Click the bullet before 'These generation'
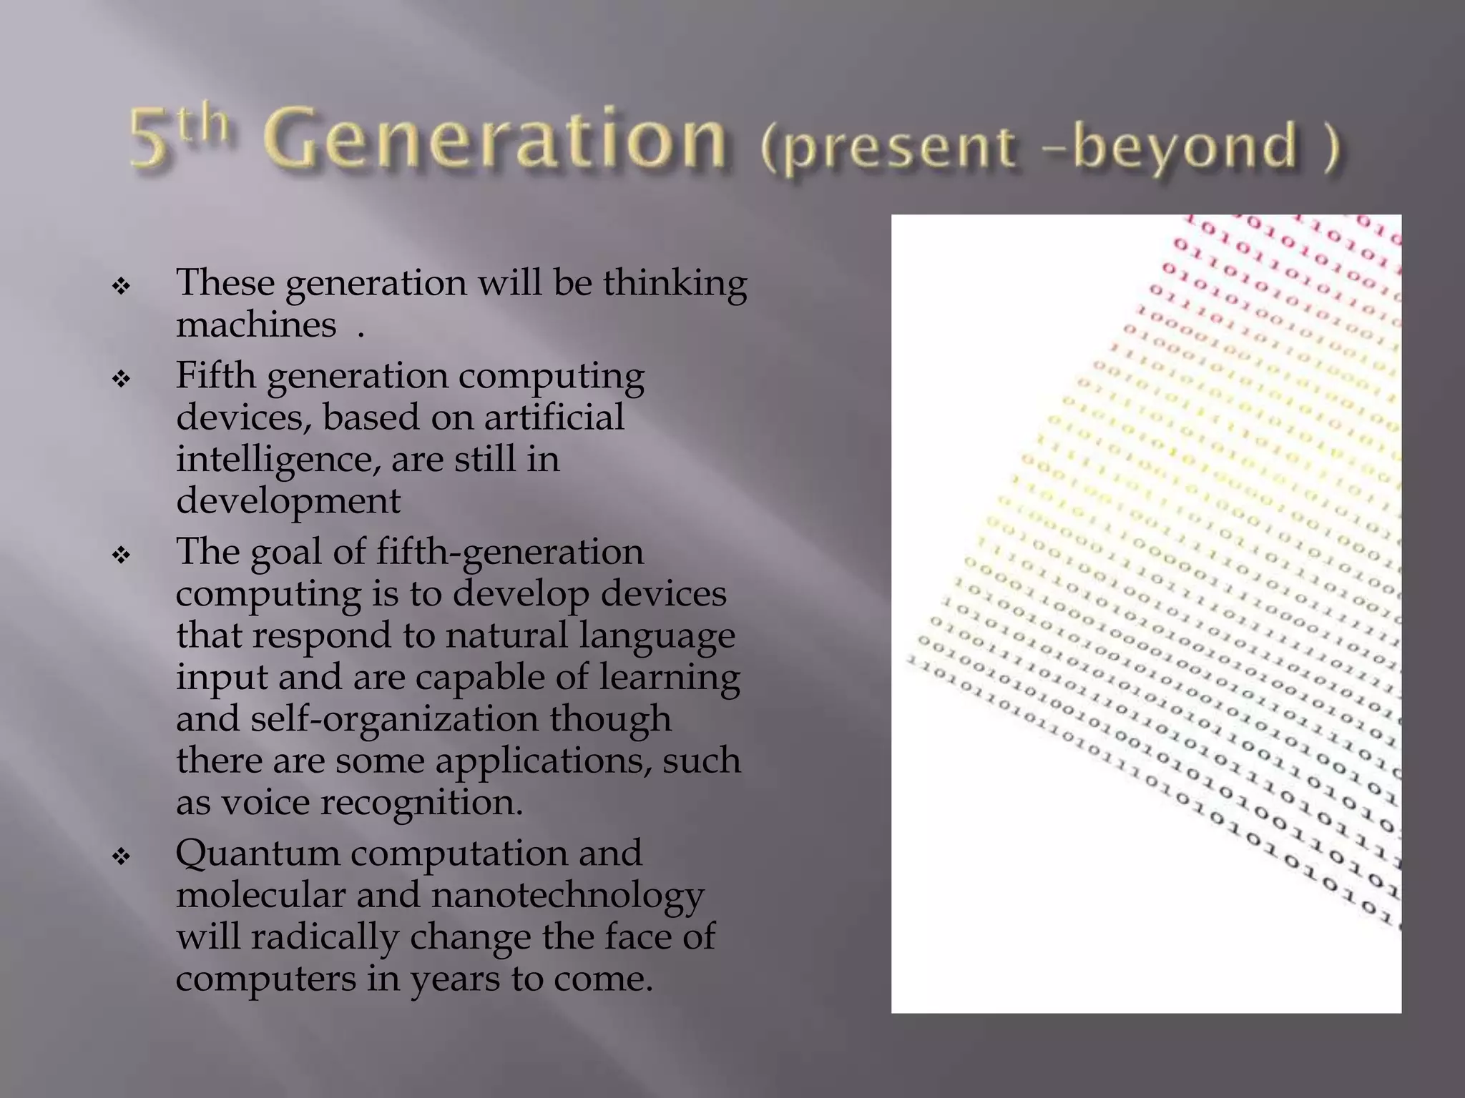(121, 287)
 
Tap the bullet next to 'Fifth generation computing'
(121, 378)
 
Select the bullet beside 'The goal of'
(121, 555)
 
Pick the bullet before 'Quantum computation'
(121, 856)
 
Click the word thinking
(675, 284)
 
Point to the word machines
(256, 325)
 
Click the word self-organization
(394, 719)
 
